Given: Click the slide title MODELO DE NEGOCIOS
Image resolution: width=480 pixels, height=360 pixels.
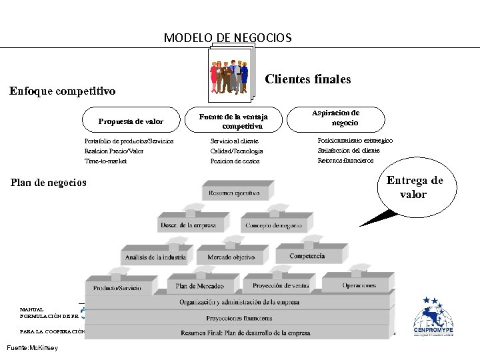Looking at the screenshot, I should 227,38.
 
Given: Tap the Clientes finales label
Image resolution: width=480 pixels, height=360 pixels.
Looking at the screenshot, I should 307,79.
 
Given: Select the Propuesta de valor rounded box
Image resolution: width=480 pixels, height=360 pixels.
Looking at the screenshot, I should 131,121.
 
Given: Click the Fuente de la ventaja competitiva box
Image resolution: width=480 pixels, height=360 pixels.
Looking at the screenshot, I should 233,121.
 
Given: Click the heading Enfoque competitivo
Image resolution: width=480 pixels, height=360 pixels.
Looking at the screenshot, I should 62,91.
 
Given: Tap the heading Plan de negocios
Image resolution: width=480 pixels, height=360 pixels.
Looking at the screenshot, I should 49,182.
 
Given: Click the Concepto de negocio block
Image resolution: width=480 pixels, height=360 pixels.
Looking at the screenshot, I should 273,225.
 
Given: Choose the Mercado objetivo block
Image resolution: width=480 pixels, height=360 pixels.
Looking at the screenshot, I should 231,257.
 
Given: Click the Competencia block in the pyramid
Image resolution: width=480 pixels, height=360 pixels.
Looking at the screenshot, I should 307,255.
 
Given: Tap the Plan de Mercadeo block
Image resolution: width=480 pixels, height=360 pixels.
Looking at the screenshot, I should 200,286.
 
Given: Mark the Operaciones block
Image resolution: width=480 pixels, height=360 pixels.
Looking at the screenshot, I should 359,285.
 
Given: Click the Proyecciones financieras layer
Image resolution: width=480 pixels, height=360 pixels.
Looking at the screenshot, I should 239,318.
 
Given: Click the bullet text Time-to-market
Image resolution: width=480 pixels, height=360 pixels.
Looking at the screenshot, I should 105,161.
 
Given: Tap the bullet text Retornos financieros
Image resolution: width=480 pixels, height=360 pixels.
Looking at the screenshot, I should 345,160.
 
